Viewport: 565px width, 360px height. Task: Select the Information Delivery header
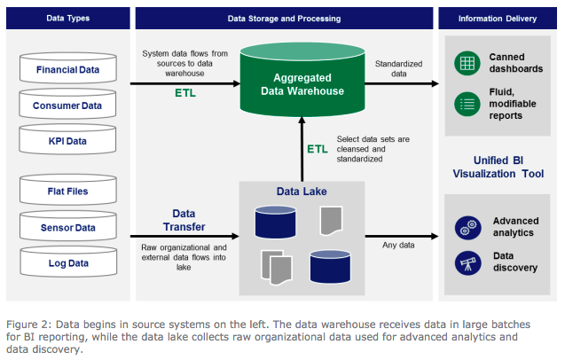[x=499, y=17]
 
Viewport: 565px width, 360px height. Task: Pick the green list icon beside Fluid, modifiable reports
[x=463, y=102]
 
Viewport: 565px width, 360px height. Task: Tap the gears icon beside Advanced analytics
[x=463, y=226]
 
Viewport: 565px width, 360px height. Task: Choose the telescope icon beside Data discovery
[x=463, y=262]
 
